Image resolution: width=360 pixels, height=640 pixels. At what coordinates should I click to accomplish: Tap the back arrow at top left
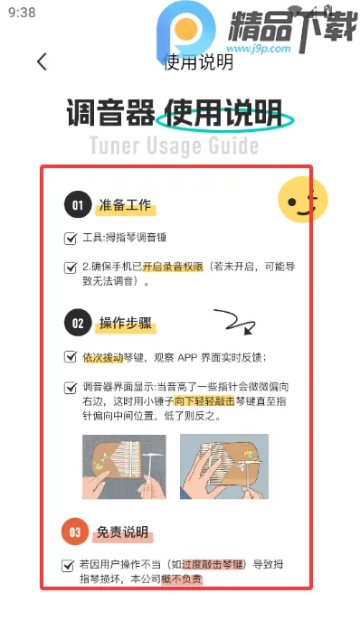coord(42,61)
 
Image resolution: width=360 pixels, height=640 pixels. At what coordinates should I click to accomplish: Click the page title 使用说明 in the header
coord(198,61)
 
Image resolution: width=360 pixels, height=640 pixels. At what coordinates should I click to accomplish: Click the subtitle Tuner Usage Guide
coord(174,146)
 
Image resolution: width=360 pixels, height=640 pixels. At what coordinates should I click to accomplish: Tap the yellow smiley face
coord(301,200)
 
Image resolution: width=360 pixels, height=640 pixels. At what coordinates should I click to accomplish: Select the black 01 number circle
coord(78,205)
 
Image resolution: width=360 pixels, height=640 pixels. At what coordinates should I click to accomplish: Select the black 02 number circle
coord(78,323)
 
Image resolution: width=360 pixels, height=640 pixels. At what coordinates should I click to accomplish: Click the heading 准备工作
coord(127,206)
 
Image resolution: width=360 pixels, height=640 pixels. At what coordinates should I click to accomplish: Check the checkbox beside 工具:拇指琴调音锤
coord(71,239)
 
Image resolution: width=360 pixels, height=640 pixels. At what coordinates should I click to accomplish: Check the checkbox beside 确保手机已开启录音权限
coord(71,268)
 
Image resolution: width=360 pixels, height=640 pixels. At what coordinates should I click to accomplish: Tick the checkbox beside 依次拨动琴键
coord(71,357)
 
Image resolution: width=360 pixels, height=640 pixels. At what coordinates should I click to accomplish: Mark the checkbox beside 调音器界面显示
coord(71,387)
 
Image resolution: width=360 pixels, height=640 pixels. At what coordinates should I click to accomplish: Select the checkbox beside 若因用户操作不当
coord(68,565)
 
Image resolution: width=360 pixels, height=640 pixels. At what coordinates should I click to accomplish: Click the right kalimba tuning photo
coord(223,467)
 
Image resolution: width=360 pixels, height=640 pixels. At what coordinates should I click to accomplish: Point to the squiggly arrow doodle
coord(233,320)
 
